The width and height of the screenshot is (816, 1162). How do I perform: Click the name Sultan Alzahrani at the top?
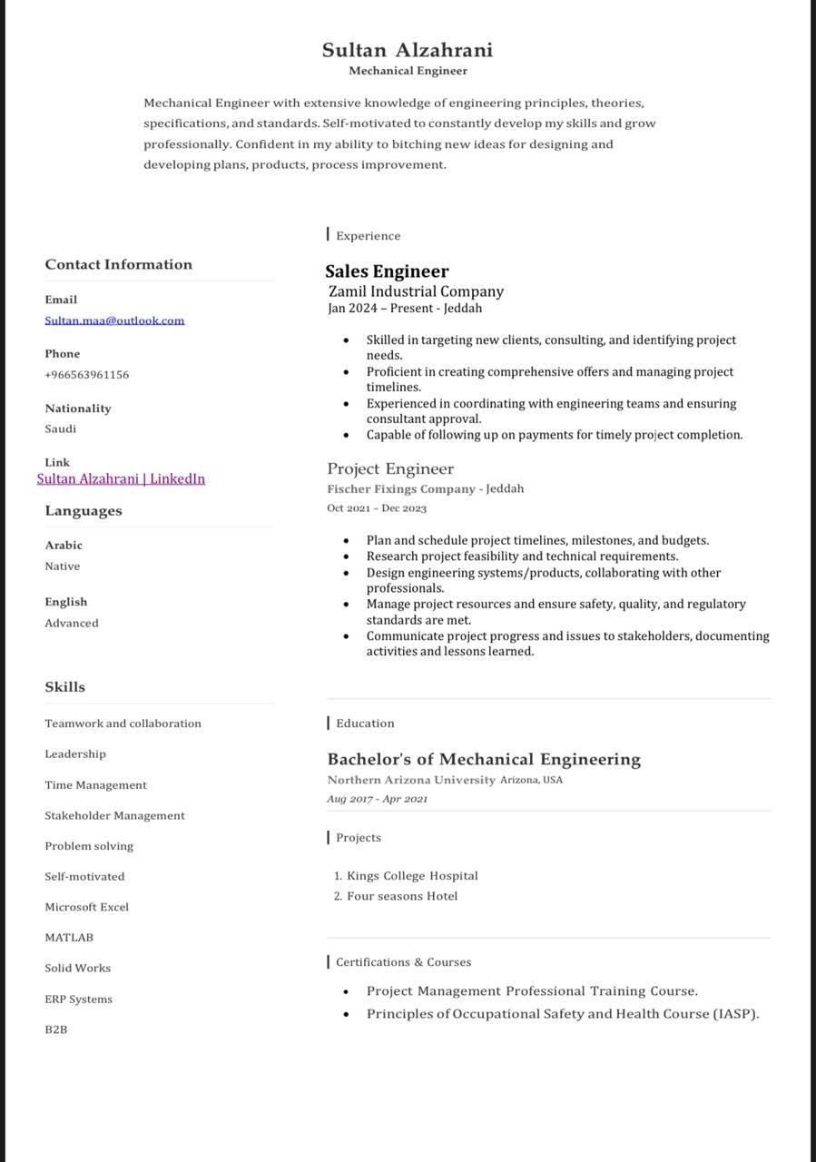[x=408, y=50]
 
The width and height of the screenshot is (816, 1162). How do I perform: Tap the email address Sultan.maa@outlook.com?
[x=114, y=320]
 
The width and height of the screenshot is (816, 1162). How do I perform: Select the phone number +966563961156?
[x=87, y=375]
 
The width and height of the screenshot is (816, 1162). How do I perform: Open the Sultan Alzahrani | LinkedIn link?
[x=121, y=478]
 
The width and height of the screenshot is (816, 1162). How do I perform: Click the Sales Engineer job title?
[x=387, y=271]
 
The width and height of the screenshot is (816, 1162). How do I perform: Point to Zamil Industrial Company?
[x=416, y=291]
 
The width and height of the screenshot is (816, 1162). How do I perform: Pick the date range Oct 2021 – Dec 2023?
[x=377, y=508]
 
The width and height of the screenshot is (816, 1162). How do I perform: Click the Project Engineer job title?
[x=390, y=468]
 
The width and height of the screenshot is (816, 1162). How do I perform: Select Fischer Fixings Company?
[x=401, y=489]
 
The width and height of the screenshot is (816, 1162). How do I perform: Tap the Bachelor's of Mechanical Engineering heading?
[x=484, y=759]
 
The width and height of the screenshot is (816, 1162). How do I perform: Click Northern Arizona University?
[x=411, y=780]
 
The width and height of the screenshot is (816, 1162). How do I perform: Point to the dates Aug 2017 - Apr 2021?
[x=377, y=799]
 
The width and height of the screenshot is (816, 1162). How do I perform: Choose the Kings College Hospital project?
[x=412, y=876]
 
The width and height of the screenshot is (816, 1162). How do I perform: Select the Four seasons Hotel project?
[x=402, y=896]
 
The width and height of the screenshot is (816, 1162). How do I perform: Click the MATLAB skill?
[x=69, y=938]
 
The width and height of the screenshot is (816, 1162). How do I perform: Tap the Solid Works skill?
[x=78, y=969]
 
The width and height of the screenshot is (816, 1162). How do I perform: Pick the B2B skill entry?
[x=56, y=1029]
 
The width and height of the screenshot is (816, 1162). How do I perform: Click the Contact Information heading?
[x=119, y=264]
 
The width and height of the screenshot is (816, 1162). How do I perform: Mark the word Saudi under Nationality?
[x=61, y=428]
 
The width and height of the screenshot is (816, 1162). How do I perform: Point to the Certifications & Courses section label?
[x=403, y=962]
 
